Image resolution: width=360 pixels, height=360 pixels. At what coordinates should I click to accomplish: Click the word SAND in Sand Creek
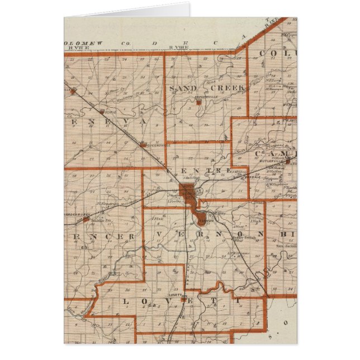pyautogui.click(x=183, y=88)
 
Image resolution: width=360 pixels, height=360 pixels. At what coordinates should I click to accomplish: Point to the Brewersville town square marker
pyautogui.click(x=198, y=102)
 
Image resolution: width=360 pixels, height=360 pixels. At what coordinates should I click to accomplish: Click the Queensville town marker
pyautogui.click(x=143, y=145)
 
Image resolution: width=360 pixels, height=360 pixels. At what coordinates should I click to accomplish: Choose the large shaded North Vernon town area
pyautogui.click(x=187, y=193)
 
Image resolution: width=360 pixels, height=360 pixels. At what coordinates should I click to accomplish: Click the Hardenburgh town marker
pyautogui.click(x=85, y=219)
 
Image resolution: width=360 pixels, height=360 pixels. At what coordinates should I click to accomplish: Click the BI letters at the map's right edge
pyautogui.click(x=288, y=234)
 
